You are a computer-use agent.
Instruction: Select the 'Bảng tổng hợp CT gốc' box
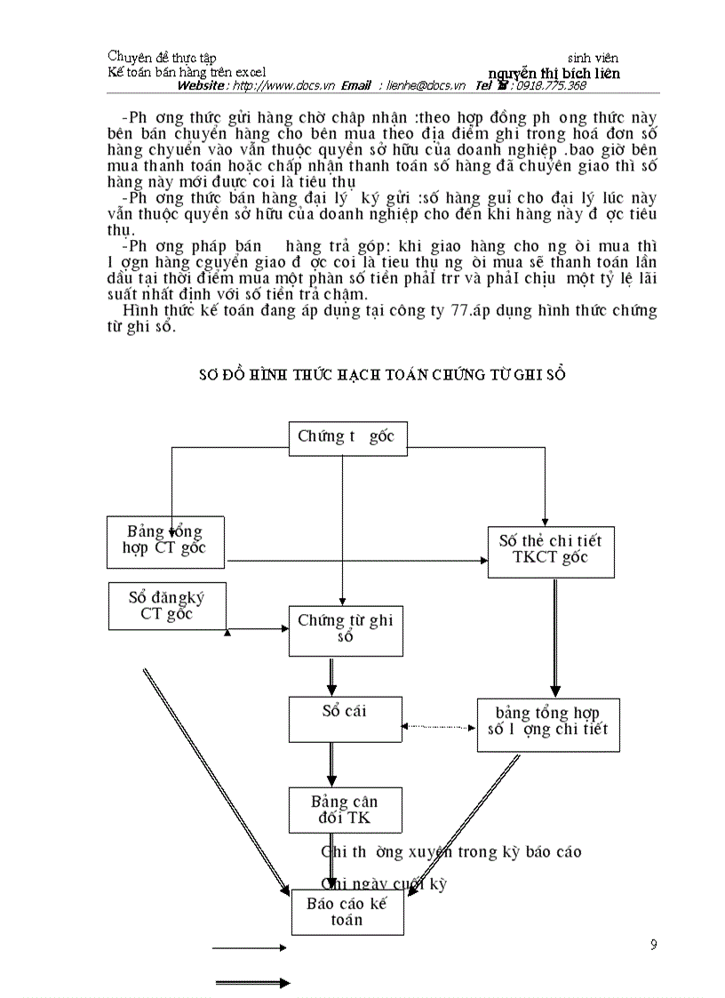pyautogui.click(x=165, y=540)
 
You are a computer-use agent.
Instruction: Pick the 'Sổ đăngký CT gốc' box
pyautogui.click(x=167, y=606)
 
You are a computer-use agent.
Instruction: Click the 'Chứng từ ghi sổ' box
pyautogui.click(x=346, y=630)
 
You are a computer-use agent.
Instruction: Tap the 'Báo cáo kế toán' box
pyautogui.click(x=347, y=912)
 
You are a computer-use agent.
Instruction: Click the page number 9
pyautogui.click(x=654, y=945)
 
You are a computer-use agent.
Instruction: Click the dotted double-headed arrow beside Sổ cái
pyautogui.click(x=436, y=727)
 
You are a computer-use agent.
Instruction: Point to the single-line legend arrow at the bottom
pyautogui.click(x=250, y=948)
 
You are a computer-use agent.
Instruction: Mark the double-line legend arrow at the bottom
pyautogui.click(x=253, y=982)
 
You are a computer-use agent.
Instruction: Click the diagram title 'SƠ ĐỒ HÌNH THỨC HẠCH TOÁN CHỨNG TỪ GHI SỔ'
pyautogui.click(x=382, y=375)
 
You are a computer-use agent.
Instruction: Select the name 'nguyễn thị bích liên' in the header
pyautogui.click(x=554, y=73)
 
